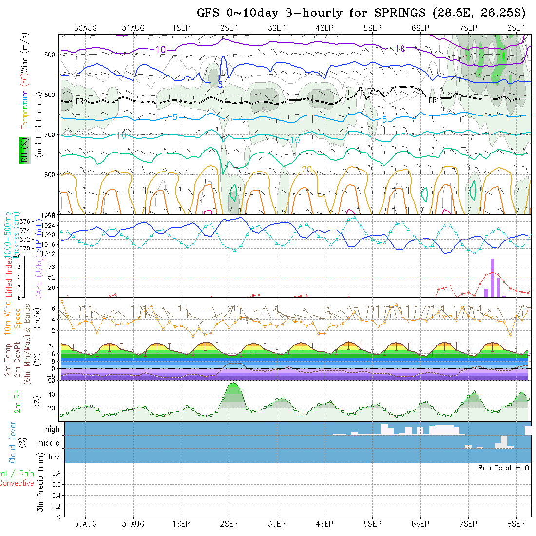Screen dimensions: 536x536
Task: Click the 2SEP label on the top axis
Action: (229, 28)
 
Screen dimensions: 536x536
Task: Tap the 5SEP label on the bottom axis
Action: (372, 524)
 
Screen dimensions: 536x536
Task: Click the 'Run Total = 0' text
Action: (503, 468)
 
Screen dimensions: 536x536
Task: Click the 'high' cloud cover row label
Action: (52, 429)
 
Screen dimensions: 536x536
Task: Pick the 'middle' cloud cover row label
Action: (49, 443)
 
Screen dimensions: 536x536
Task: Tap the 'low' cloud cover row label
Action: (54, 457)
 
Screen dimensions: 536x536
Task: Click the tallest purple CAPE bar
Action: (492, 278)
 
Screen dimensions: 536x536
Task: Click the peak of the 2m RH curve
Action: (235, 383)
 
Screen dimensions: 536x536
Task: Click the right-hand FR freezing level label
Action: (432, 100)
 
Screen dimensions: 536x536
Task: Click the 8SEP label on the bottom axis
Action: (516, 524)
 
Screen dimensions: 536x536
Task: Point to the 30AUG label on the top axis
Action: (85, 28)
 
